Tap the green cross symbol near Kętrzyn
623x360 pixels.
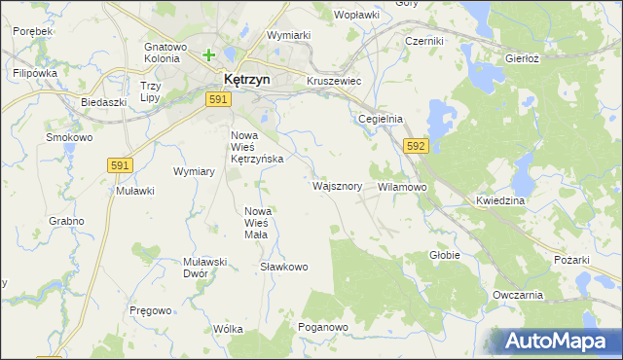tap(209, 55)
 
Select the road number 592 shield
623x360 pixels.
tap(416, 146)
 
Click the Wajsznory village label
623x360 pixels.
tap(337, 186)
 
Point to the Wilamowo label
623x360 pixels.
tap(402, 186)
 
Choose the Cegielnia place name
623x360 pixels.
tap(381, 119)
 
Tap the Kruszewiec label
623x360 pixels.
tap(334, 82)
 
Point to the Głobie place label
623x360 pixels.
tap(445, 255)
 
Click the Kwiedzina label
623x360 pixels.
tap(501, 200)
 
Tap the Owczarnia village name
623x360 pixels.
tap(517, 295)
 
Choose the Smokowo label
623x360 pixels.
tap(69, 138)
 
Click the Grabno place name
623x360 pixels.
tap(66, 221)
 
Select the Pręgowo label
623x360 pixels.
tap(151, 310)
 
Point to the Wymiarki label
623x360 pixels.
tap(288, 35)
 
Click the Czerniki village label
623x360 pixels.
tap(424, 42)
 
